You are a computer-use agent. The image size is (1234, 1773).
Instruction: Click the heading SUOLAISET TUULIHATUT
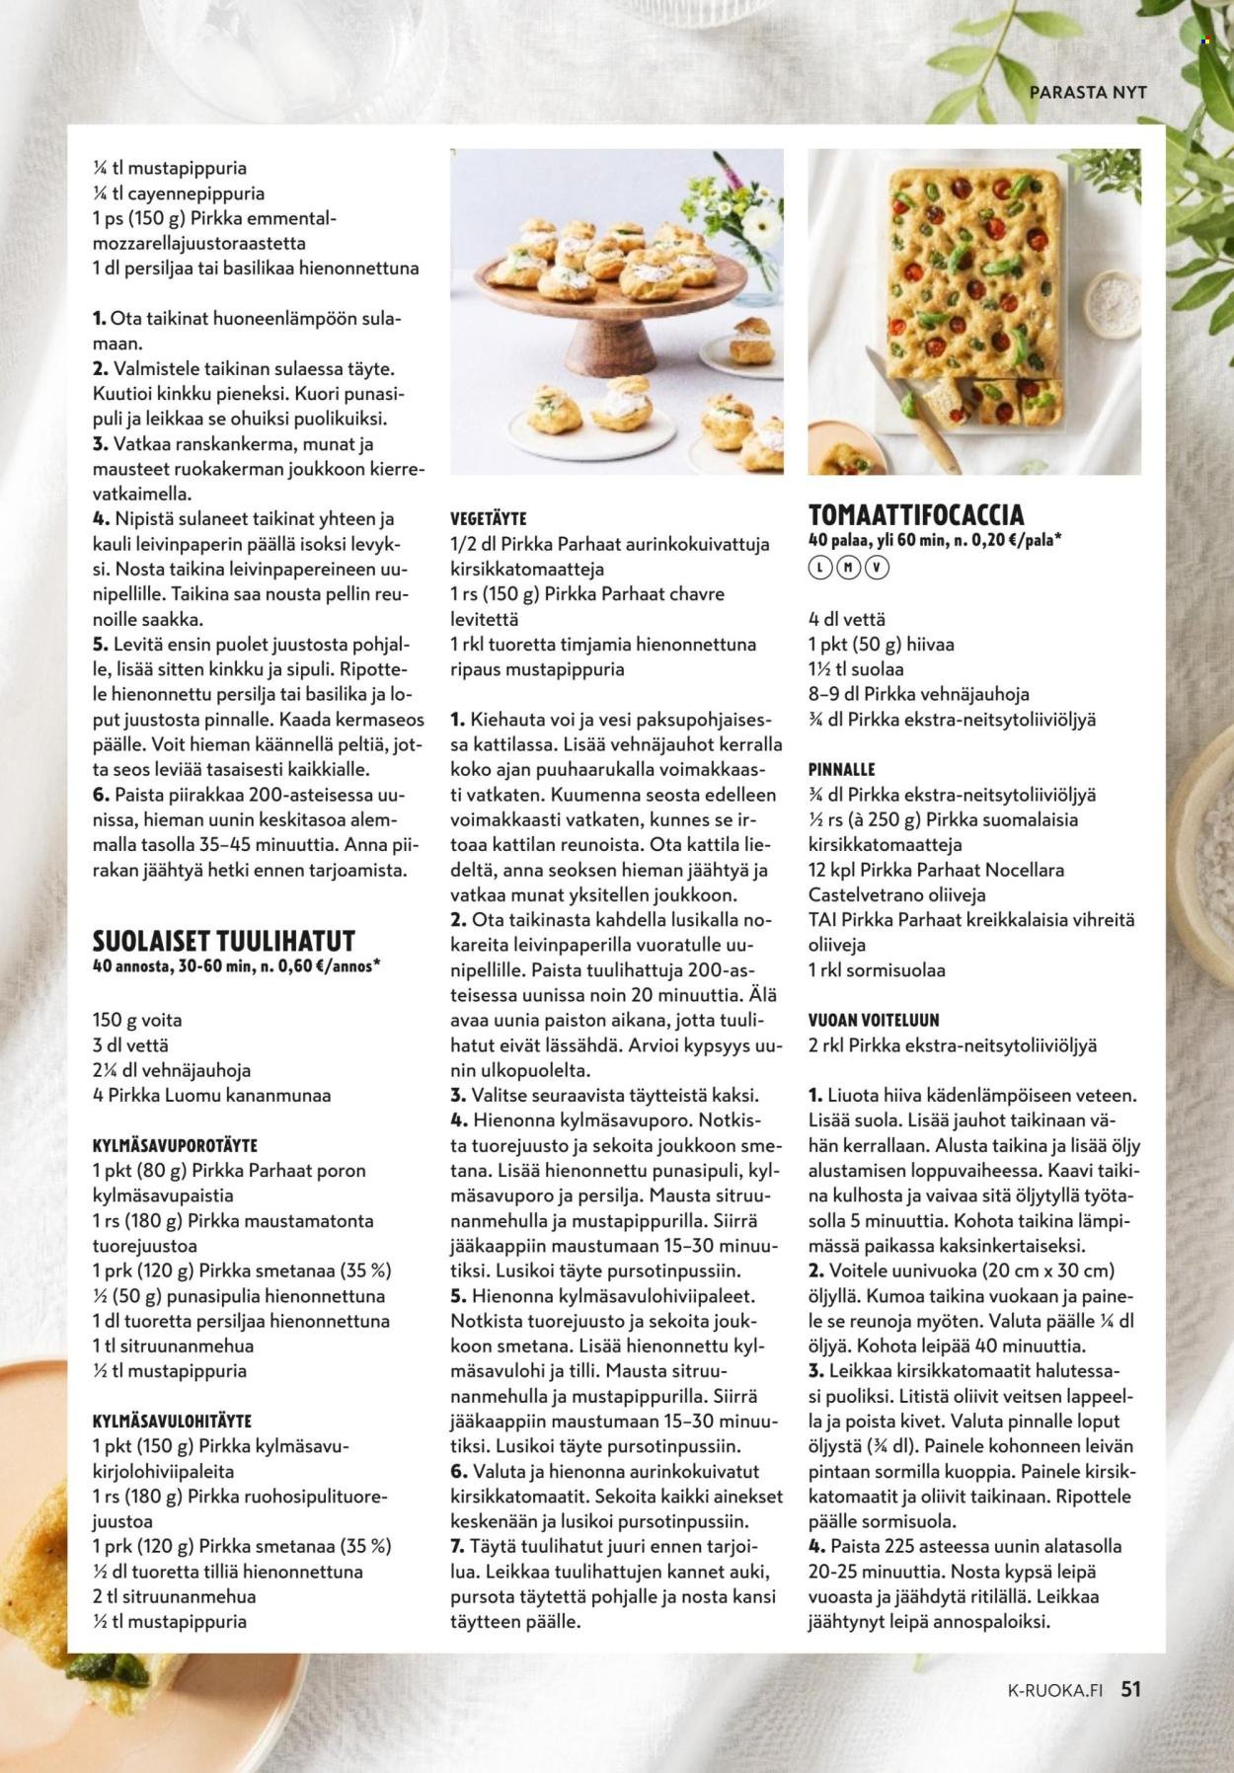click(223, 940)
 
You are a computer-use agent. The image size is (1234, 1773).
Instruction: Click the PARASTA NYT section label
click(1088, 92)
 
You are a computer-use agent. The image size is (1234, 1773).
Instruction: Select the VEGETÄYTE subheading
click(488, 518)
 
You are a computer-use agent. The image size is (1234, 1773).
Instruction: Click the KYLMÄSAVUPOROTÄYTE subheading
click(174, 1145)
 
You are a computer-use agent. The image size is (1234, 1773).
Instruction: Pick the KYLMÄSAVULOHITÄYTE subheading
click(172, 1421)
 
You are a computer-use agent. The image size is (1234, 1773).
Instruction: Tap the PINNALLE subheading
click(841, 769)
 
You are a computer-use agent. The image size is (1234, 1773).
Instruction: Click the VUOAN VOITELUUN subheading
click(874, 1020)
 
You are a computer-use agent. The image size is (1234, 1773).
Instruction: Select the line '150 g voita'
click(137, 1020)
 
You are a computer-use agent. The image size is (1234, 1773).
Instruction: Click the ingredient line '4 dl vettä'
click(846, 619)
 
